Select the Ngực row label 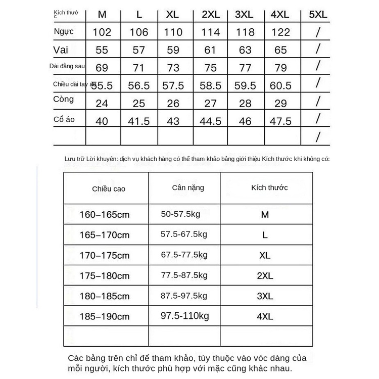click(x=64, y=32)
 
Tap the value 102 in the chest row click(x=102, y=33)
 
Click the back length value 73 click(x=173, y=68)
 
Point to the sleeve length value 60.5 click(x=281, y=85)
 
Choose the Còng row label click(x=63, y=100)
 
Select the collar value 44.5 click(x=211, y=121)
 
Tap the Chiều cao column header click(x=109, y=188)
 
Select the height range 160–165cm click(x=105, y=215)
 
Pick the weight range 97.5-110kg click(x=184, y=316)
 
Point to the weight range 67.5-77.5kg click(x=184, y=255)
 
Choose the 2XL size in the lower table click(x=265, y=276)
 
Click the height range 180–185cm click(x=105, y=297)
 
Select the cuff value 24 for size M click(x=102, y=104)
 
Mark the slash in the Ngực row click(x=318, y=33)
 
